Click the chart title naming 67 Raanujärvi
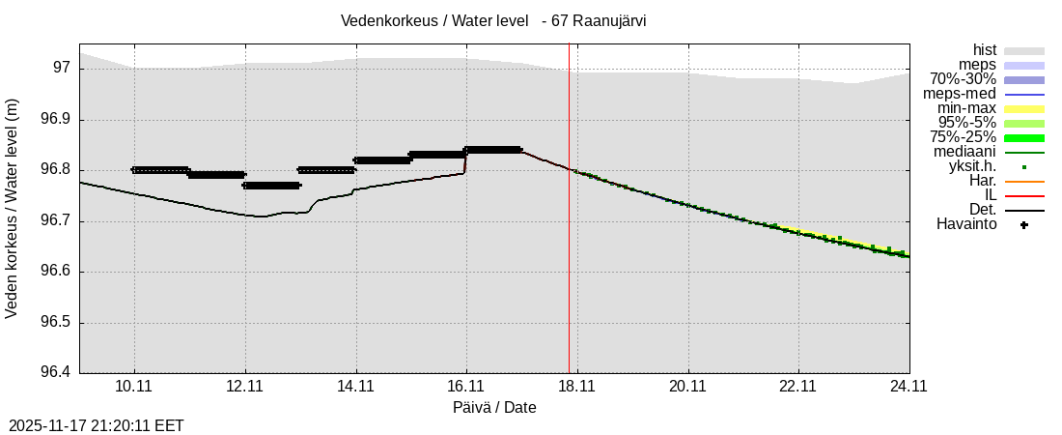pos(493,20)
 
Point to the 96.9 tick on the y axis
pos(55,120)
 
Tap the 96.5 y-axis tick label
pos(55,323)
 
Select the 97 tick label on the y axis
pos(62,68)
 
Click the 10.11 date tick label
pos(134,385)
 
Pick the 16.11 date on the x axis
pos(466,385)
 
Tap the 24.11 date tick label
pos(909,385)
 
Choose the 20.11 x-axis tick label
pos(687,385)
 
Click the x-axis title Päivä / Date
pos(494,407)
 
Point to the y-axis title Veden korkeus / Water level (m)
pos(13,208)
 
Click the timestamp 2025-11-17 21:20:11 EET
pos(96,425)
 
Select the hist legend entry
pos(985,50)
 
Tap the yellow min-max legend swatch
pos(1024,108)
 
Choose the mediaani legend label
pos(965,152)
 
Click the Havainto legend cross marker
pos(1024,225)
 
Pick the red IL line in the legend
pos(1024,195)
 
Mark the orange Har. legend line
pos(1024,181)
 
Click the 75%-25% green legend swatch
pos(1024,137)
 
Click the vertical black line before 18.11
pos(569,242)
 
